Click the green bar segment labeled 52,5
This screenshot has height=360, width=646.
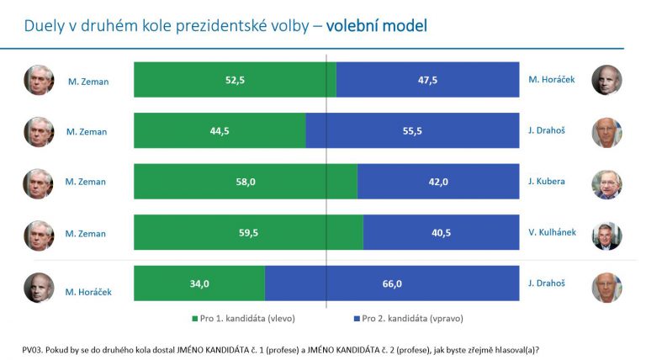(235, 80)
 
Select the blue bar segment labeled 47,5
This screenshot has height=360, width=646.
(427, 80)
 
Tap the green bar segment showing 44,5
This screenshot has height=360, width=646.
(220, 131)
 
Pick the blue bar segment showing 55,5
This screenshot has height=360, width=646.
(412, 131)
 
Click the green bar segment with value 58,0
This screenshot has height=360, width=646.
(246, 182)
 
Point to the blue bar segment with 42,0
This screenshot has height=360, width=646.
(438, 182)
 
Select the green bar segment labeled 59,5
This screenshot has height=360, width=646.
(248, 232)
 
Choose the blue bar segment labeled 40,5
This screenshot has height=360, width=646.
(441, 232)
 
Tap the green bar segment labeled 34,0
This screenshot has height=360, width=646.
(199, 283)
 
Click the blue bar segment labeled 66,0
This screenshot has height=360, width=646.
(392, 283)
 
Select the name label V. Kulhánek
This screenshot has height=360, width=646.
(552, 232)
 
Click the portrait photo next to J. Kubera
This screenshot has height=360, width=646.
(606, 183)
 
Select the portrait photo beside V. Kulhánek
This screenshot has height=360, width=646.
(606, 235)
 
